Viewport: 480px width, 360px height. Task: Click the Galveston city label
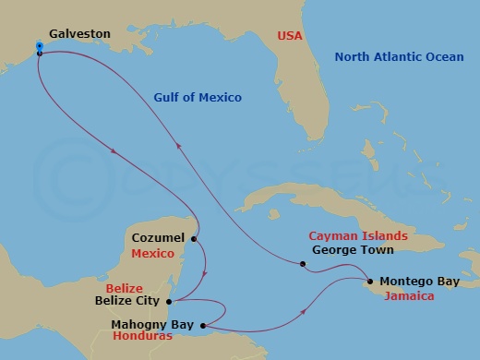click(x=80, y=34)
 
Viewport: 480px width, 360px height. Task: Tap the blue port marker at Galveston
click(x=40, y=45)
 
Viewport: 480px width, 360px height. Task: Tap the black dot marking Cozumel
click(x=195, y=238)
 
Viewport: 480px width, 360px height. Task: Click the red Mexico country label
click(x=154, y=252)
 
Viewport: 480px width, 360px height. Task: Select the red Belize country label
click(x=124, y=287)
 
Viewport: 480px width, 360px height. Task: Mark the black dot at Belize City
click(x=169, y=300)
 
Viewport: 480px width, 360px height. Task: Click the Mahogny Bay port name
click(x=150, y=325)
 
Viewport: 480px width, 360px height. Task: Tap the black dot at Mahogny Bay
click(x=202, y=325)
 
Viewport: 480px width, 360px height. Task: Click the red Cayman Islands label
click(x=352, y=236)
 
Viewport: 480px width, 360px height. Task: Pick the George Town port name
click(x=353, y=250)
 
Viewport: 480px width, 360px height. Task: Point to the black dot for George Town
click(x=303, y=265)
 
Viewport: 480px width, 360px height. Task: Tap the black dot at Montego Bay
click(x=369, y=282)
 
